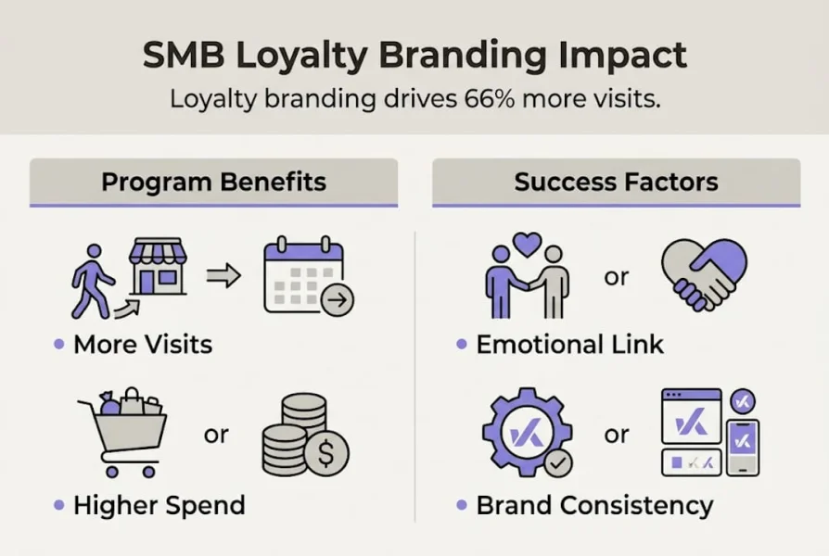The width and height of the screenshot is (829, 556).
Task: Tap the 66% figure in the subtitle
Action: [485, 99]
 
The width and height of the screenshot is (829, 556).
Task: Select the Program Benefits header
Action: [213, 182]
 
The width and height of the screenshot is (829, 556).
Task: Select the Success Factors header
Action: [616, 182]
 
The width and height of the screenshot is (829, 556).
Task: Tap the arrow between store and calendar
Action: [223, 275]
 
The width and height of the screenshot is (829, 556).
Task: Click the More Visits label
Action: [143, 345]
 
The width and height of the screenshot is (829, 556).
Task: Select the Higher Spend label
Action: [159, 505]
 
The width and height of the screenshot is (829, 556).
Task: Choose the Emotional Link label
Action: [569, 345]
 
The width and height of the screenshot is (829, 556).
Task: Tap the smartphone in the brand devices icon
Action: [742, 447]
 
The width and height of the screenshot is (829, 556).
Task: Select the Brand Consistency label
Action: [594, 505]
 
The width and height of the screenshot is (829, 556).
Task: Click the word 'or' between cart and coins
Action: [216, 434]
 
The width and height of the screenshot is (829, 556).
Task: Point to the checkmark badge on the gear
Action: [556, 462]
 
